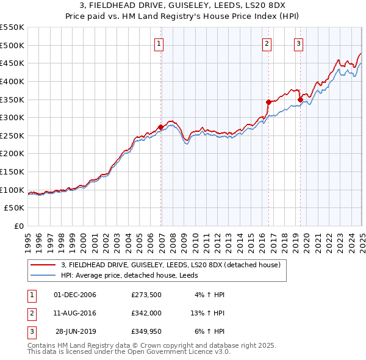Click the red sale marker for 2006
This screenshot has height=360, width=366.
click(161, 127)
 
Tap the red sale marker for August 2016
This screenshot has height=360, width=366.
click(268, 102)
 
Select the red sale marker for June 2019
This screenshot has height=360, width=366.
click(300, 99)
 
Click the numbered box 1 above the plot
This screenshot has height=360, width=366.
click(159, 43)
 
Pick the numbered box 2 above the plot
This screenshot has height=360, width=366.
click(267, 43)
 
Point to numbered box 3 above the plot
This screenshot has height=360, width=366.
click(299, 43)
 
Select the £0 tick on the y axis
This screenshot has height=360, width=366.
click(18, 226)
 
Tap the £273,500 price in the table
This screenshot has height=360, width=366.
click(146, 295)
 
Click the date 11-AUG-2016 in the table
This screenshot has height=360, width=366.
click(75, 314)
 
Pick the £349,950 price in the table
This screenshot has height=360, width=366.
click(146, 332)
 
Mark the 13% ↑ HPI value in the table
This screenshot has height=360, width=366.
click(207, 314)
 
